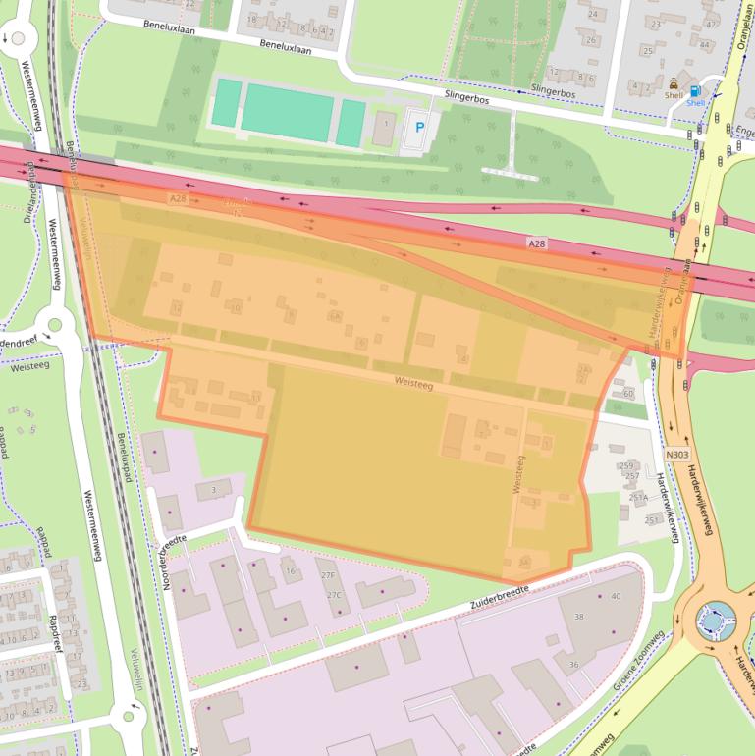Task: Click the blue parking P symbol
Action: [420, 127]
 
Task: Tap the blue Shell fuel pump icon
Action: [696, 90]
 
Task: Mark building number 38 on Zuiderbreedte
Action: [579, 616]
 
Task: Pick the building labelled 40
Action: [616, 596]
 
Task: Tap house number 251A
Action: [638, 498]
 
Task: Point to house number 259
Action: [627, 465]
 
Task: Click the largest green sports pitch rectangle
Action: [288, 111]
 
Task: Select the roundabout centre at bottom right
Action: [715, 620]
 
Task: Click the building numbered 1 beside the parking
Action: [387, 126]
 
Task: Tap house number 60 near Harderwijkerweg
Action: [628, 393]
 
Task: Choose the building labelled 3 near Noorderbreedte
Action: [213, 489]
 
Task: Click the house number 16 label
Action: [290, 570]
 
